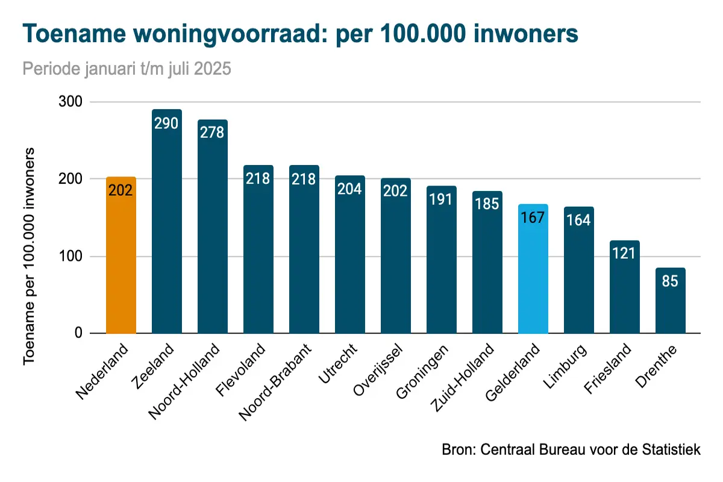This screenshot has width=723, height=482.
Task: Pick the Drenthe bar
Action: click(671, 307)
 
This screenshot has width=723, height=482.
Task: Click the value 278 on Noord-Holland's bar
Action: click(213, 132)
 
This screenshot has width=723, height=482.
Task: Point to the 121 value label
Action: click(625, 253)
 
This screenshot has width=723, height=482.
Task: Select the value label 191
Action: click(442, 199)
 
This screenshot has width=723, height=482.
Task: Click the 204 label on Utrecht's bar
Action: click(350, 189)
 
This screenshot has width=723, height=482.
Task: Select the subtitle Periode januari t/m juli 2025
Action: click(127, 69)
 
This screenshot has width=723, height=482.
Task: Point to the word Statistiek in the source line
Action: click(674, 450)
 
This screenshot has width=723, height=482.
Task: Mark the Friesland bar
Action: click(625, 289)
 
